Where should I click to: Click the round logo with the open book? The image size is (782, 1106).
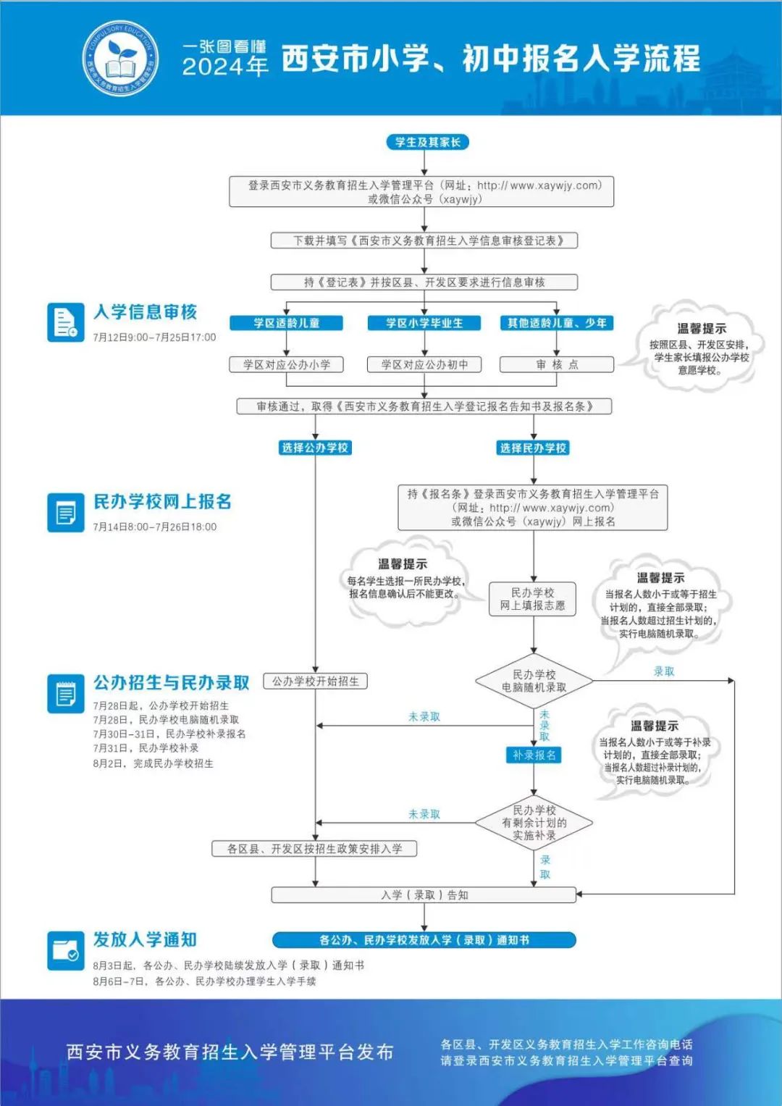pos(120,58)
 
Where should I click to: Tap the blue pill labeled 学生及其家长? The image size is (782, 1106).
pos(427,142)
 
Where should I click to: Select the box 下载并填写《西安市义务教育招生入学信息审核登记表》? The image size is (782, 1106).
pos(424,240)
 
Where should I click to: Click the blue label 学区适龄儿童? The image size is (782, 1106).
pos(286,323)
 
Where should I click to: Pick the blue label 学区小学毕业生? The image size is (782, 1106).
pos(424,323)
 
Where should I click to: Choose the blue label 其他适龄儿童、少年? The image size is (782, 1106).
pos(557,323)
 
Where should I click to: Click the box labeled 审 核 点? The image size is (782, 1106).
pos(557,364)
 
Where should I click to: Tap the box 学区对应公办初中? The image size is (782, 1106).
pos(424,364)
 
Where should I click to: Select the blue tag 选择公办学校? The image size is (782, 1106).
pos(315,448)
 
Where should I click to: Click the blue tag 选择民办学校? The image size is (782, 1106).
pos(533,448)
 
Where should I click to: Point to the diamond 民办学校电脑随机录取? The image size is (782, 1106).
pos(534,681)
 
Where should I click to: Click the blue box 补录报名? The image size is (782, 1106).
pos(534,755)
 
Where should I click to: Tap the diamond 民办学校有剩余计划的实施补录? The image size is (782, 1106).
pos(534,823)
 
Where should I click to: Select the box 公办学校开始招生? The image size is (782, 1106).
pos(316,682)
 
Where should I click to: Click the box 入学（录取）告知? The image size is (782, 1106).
pos(424,895)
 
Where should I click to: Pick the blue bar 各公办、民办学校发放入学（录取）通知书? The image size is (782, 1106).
pos(424,939)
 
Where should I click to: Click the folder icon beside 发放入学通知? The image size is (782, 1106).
pos(66,950)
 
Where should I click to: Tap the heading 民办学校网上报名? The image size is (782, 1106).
pos(162,501)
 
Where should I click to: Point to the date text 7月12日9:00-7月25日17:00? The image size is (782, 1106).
pos(154,338)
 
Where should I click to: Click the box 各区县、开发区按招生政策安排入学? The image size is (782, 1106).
pos(314,849)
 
